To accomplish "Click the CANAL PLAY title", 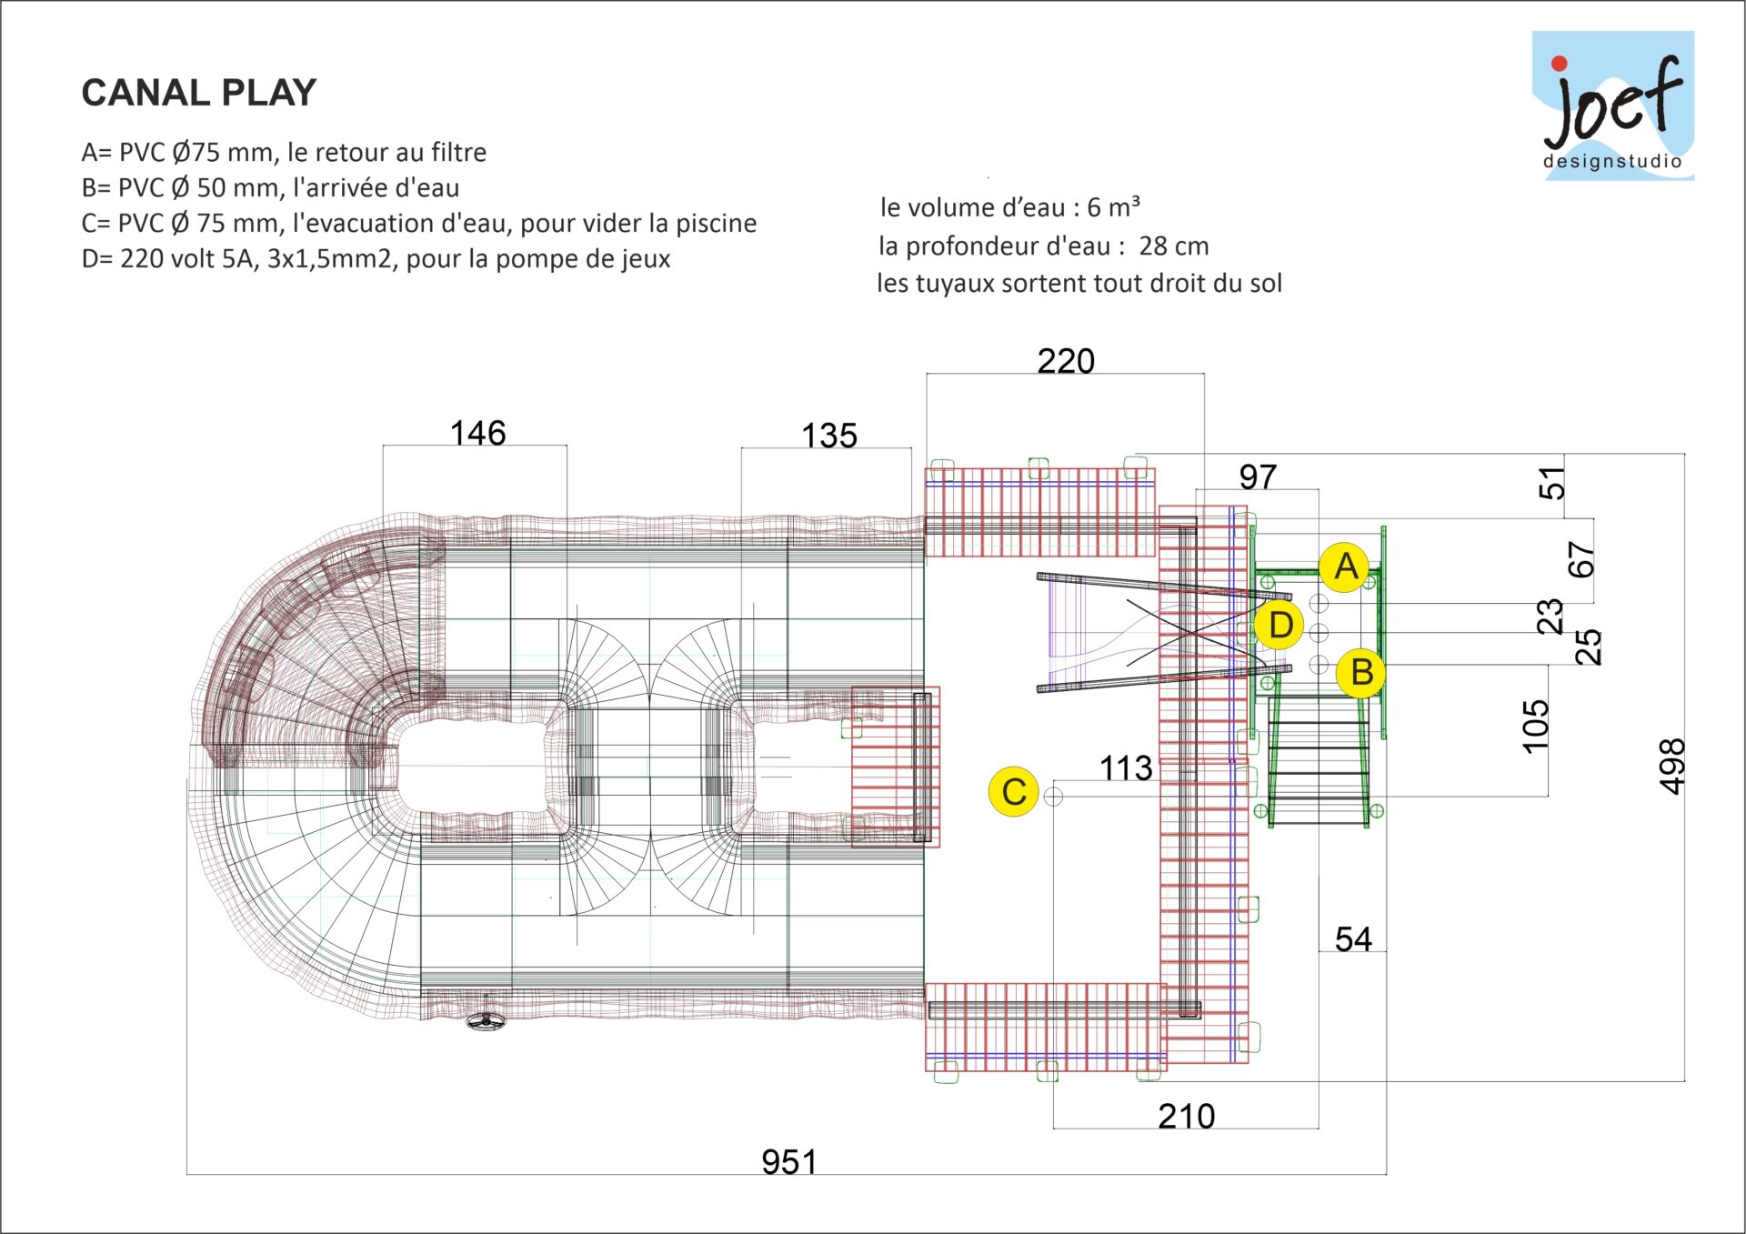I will pyautogui.click(x=198, y=93).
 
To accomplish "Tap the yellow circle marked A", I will pyautogui.click(x=1346, y=567).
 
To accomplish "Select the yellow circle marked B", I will pyautogui.click(x=1361, y=673).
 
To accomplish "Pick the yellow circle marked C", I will pyautogui.click(x=1013, y=792).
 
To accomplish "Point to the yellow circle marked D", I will pyautogui.click(x=1279, y=626).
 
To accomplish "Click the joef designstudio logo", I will pyautogui.click(x=1612, y=106).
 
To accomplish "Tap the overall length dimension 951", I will pyautogui.click(x=788, y=1162).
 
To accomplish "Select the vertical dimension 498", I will pyautogui.click(x=1672, y=766).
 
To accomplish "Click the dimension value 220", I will pyautogui.click(x=1066, y=362).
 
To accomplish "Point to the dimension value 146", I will pyautogui.click(x=477, y=433).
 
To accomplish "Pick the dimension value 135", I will pyautogui.click(x=828, y=436).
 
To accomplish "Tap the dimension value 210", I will pyautogui.click(x=1186, y=1116).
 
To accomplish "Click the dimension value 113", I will pyautogui.click(x=1126, y=768).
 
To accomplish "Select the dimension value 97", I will pyautogui.click(x=1258, y=477).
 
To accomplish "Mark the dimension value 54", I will pyautogui.click(x=1353, y=939).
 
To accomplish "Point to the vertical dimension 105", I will pyautogui.click(x=1535, y=726).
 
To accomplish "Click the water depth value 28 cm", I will pyautogui.click(x=1173, y=246).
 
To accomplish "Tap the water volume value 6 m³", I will pyautogui.click(x=1113, y=208).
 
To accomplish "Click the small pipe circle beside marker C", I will pyautogui.click(x=1053, y=797).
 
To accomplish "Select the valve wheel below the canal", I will pyautogui.click(x=487, y=1020).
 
